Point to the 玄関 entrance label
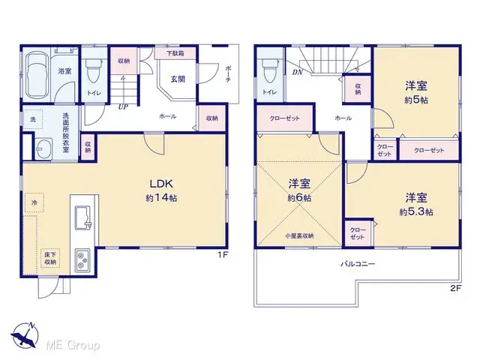click(x=178, y=79)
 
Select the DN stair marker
click(x=297, y=73)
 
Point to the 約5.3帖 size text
click(x=417, y=212)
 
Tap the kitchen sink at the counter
click(x=83, y=217)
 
